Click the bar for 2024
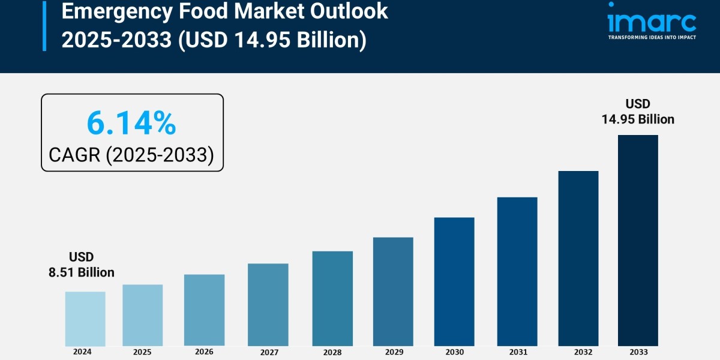[x=85, y=319]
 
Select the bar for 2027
[x=268, y=305]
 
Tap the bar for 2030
[x=454, y=281]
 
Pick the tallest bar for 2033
[x=638, y=240]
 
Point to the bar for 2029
[x=393, y=292]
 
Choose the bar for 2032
[x=578, y=258]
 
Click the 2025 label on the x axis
[x=142, y=352]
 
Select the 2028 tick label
[x=332, y=352]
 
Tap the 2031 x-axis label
[x=517, y=352]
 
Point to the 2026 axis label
[x=204, y=352]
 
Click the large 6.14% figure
[x=131, y=124]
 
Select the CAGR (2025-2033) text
[x=131, y=155]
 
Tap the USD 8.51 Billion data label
[x=82, y=265]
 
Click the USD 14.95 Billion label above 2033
[x=638, y=112]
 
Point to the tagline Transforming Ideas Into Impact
[x=652, y=37]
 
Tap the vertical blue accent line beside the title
[x=44, y=25]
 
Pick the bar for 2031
[x=517, y=271]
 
